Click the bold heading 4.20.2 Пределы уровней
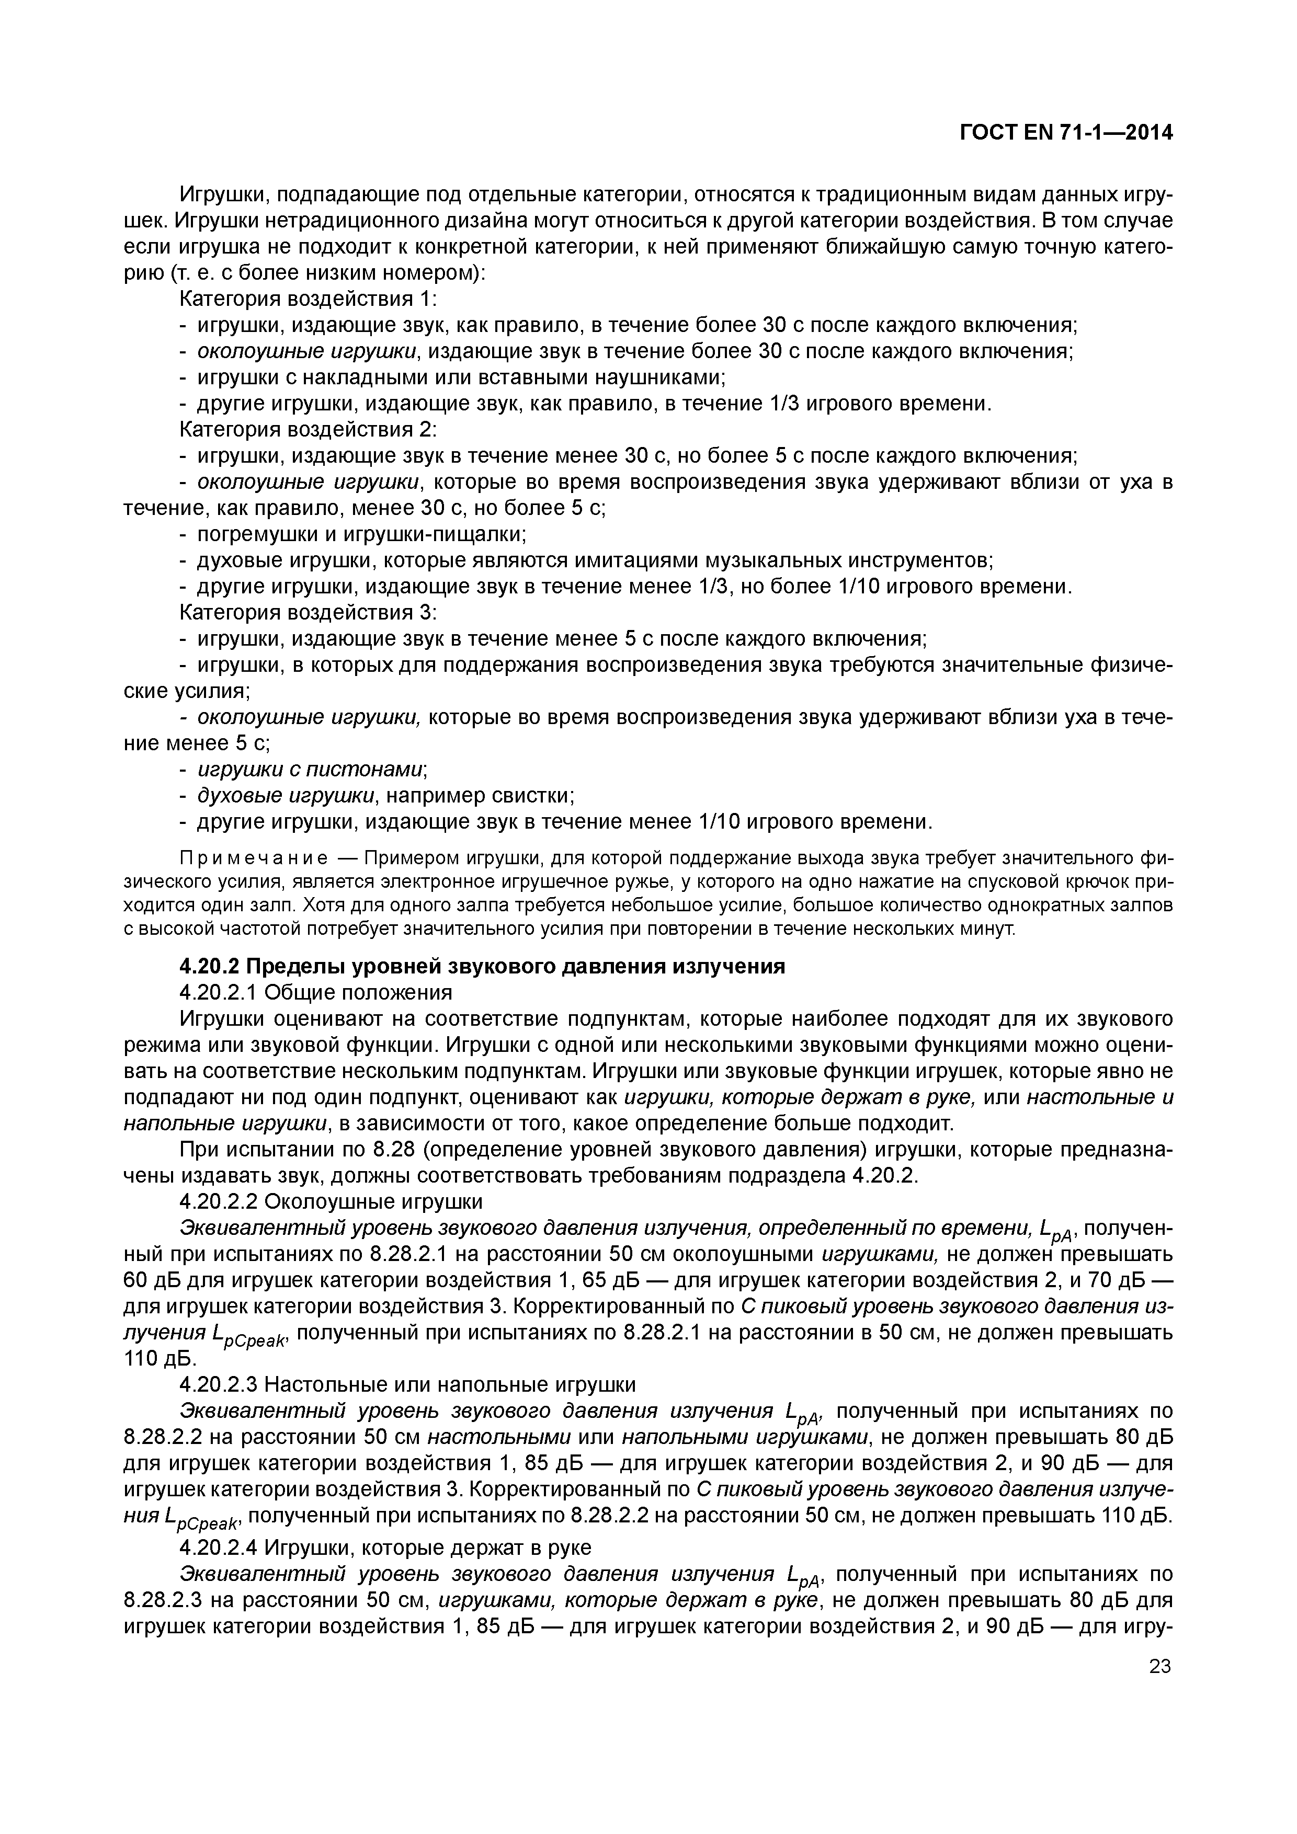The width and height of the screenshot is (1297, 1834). [482, 967]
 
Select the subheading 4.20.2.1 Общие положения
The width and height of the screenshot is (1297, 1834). [316, 993]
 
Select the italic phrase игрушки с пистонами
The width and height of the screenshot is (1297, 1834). [310, 769]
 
